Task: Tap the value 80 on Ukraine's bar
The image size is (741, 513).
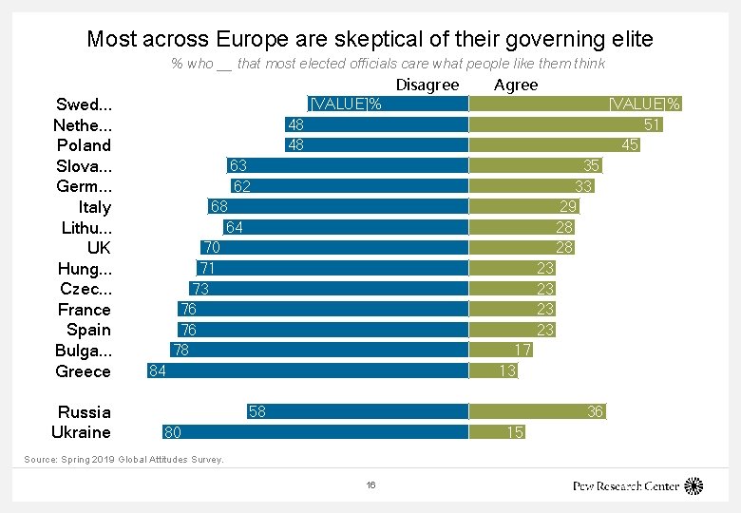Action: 173,432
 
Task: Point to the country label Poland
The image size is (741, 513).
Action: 84,145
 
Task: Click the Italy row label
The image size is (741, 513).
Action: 95,207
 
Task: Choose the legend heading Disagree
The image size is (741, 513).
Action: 427,85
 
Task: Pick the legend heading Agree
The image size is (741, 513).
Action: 516,85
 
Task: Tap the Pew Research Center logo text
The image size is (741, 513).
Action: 626,485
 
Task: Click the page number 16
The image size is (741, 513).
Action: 370,484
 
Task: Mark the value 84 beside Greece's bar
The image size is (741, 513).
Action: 158,370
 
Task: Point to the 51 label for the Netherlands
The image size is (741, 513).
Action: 652,124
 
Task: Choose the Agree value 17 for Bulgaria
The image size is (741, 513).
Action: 522,350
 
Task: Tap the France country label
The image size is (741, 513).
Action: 84,310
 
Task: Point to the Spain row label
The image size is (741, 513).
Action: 88,330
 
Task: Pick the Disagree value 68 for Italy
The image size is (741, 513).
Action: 218,206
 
